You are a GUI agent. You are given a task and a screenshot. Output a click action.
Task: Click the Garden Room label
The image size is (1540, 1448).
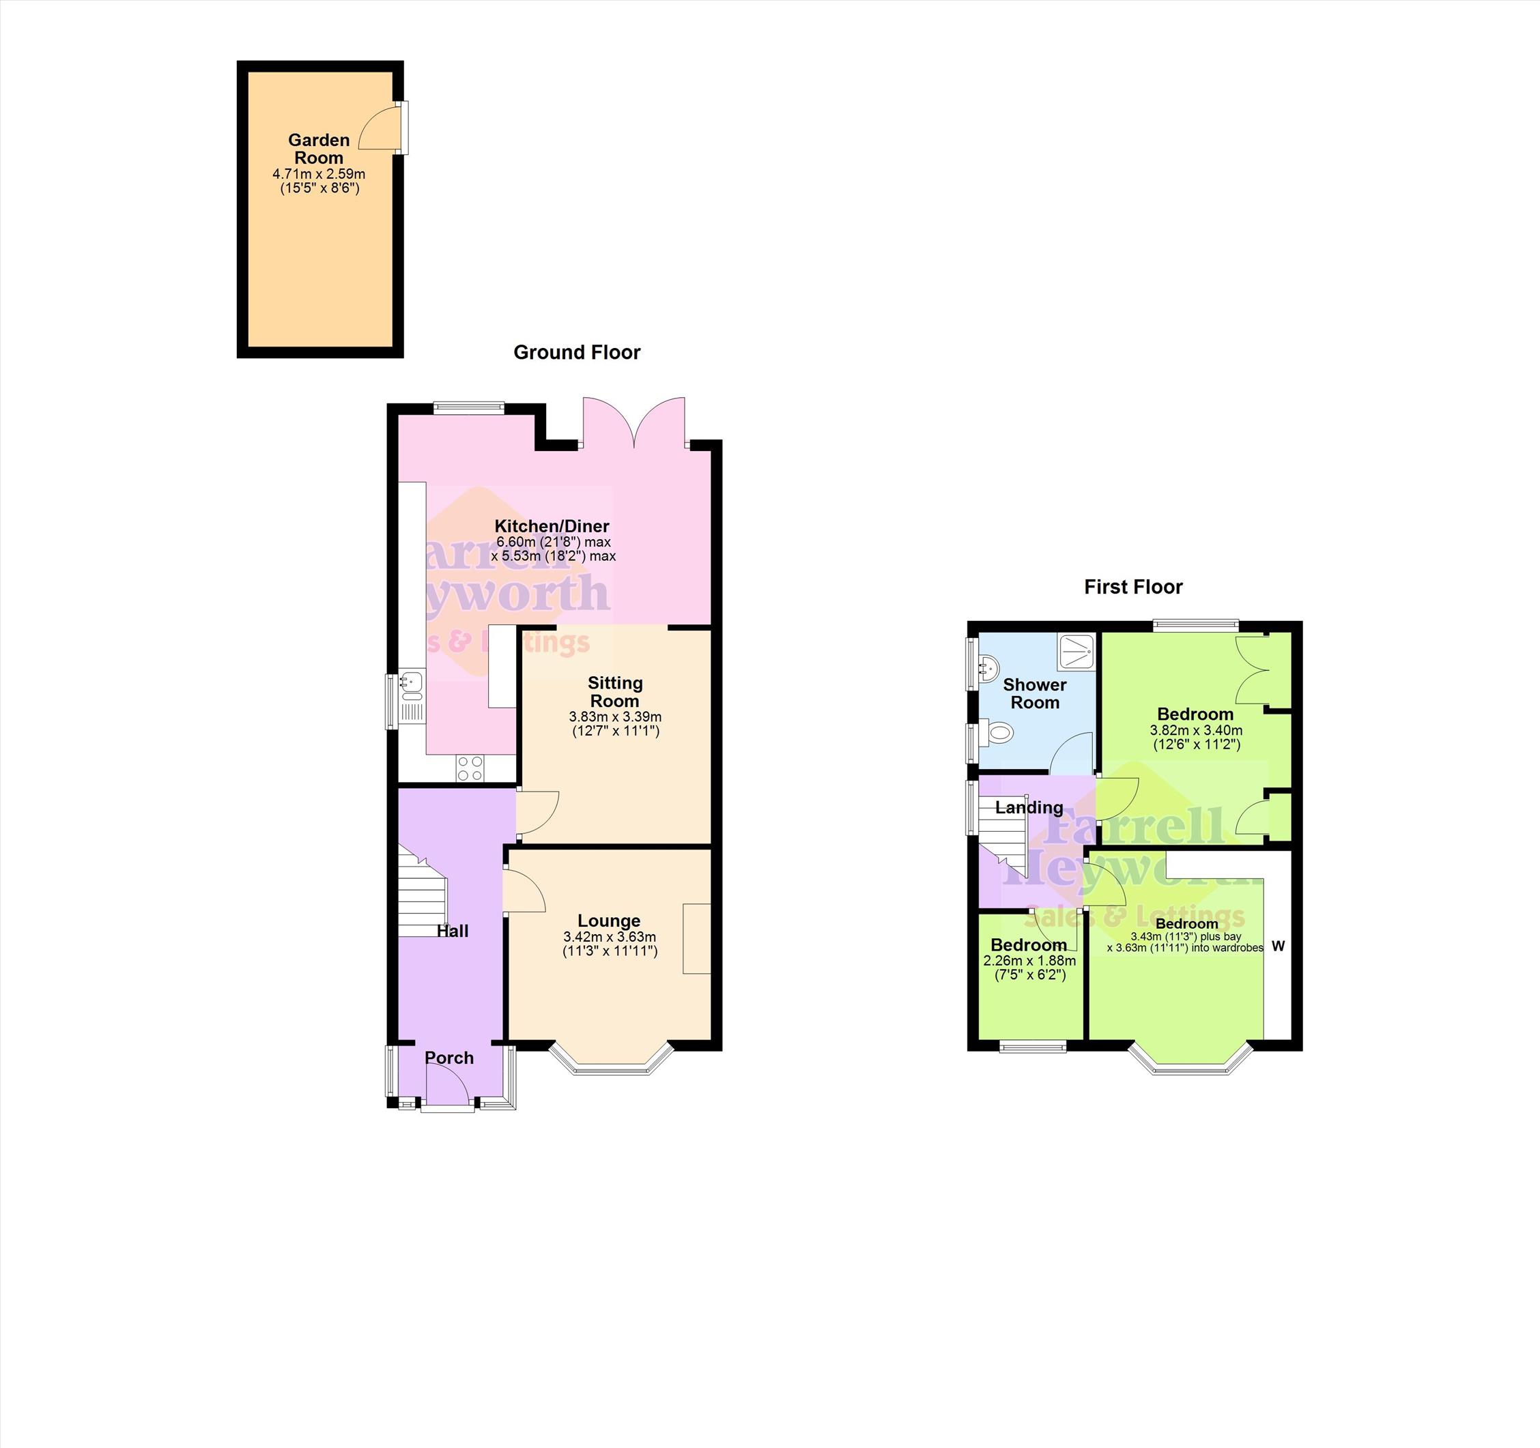[x=319, y=149]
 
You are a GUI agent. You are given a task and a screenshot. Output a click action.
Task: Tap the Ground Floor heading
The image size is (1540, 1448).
[x=577, y=352]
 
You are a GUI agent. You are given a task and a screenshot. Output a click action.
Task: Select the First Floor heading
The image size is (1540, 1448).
[x=1133, y=587]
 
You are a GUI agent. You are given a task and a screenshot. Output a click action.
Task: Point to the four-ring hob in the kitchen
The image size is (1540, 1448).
[x=470, y=768]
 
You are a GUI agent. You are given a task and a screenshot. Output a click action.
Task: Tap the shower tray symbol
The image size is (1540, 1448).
[x=1076, y=652]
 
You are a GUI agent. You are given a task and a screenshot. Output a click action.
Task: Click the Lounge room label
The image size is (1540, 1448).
[x=609, y=921]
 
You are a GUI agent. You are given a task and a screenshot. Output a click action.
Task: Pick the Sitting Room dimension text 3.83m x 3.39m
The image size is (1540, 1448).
[x=615, y=717]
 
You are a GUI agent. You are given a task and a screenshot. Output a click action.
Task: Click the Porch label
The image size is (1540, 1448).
[x=449, y=1058]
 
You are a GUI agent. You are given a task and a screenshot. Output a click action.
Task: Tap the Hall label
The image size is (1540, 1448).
[x=453, y=931]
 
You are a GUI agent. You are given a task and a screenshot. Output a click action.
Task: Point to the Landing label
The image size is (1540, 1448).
[x=1029, y=808]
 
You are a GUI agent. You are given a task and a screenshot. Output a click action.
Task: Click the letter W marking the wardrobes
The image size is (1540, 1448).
[x=1278, y=946]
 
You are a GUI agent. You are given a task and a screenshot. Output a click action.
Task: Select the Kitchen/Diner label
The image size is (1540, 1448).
[x=552, y=526]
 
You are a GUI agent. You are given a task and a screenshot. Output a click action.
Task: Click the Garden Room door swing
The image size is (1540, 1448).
[x=384, y=128]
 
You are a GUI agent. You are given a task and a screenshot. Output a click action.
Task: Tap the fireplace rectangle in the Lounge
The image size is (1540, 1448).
[x=696, y=938]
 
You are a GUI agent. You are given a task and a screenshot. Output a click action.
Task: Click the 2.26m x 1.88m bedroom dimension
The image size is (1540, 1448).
[x=1029, y=961]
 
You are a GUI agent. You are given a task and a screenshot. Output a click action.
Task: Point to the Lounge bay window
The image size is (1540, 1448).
[x=610, y=1061]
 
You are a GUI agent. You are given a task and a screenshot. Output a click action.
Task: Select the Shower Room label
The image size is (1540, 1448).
[x=1035, y=693]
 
